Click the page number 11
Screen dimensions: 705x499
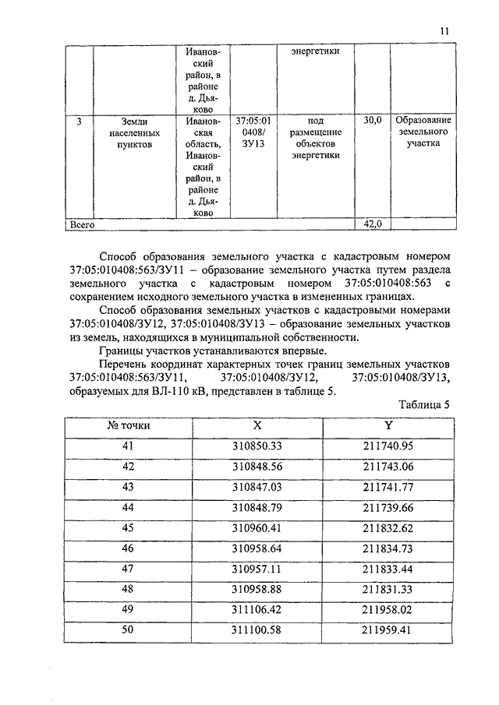[x=444, y=30]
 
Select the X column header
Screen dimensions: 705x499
[x=257, y=426]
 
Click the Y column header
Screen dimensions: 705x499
[x=388, y=426]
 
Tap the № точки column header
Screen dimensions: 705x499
[x=129, y=426]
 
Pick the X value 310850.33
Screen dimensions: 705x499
[x=257, y=446]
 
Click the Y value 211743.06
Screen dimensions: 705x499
[x=388, y=467]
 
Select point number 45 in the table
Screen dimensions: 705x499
[x=129, y=527]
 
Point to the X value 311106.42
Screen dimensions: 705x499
[x=257, y=608]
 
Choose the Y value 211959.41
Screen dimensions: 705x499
[x=388, y=629]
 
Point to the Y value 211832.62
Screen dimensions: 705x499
[x=388, y=527]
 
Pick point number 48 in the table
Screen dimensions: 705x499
[x=129, y=588]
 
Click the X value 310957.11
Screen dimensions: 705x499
[x=257, y=568]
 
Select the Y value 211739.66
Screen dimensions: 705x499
[x=388, y=507]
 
